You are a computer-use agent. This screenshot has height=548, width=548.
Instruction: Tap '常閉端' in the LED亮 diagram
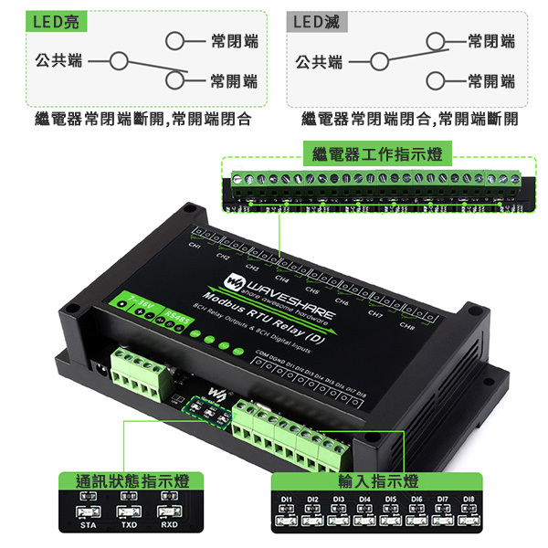click(235, 41)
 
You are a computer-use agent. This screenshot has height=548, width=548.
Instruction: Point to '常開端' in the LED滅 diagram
click(491, 81)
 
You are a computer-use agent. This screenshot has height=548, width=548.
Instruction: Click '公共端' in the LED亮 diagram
click(58, 61)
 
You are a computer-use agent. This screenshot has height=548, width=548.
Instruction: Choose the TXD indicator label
click(128, 526)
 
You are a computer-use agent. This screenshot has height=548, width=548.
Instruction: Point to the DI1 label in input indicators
click(286, 500)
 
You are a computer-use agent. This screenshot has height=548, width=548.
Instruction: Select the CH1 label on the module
click(195, 246)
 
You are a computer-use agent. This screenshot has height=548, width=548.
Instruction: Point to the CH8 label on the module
click(407, 326)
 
